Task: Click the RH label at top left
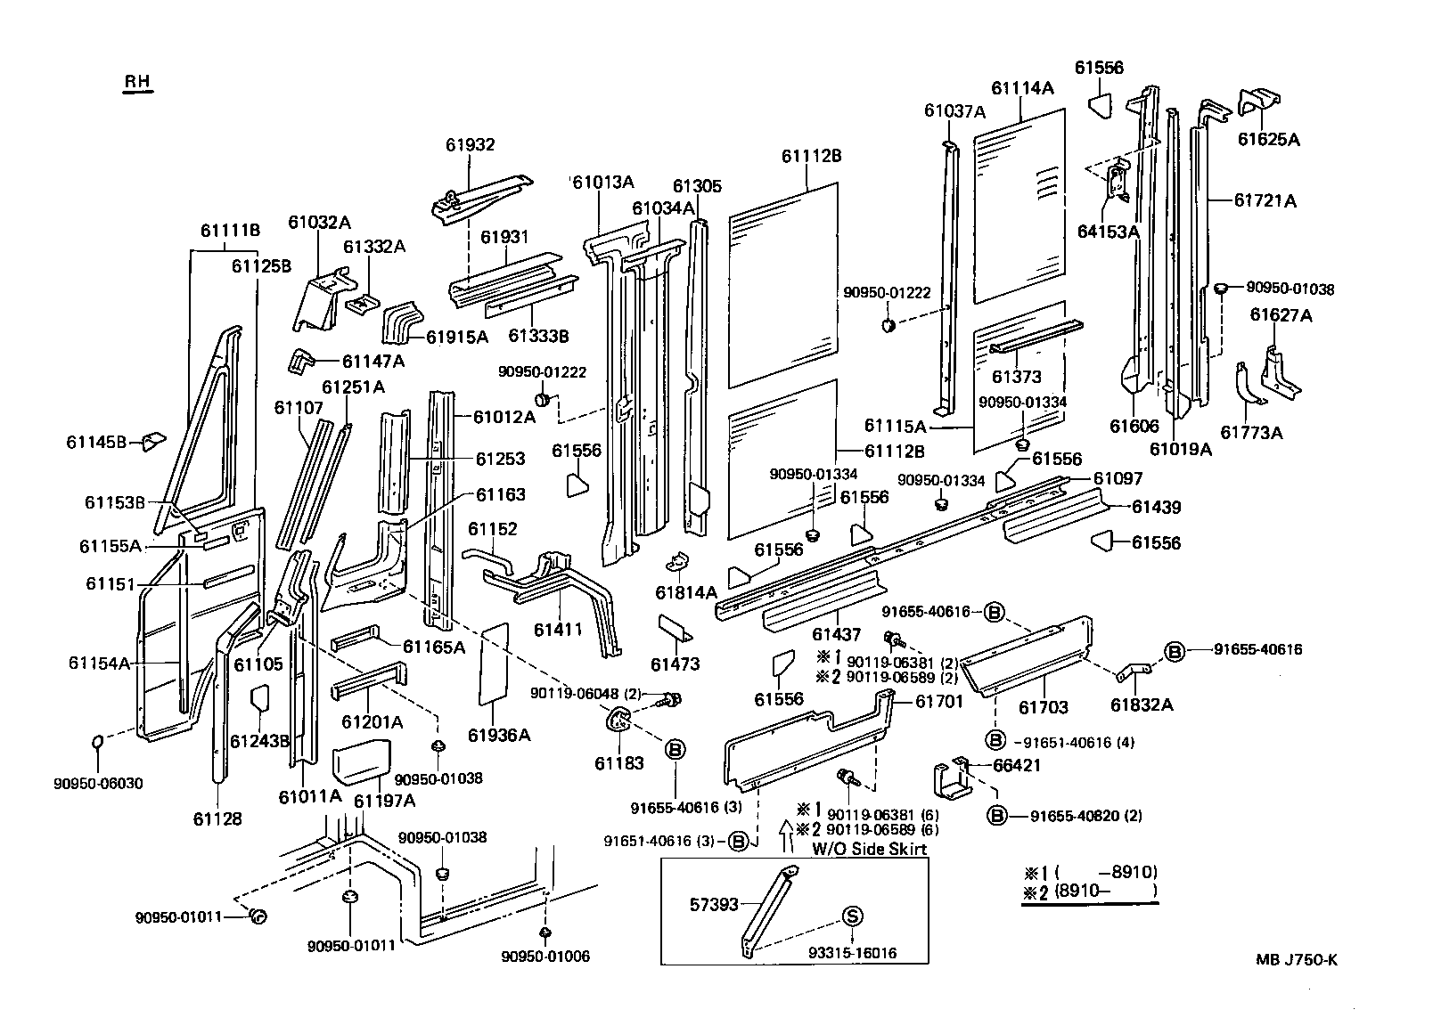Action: tap(136, 81)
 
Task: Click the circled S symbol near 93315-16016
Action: tap(851, 916)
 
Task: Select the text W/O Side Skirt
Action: tap(869, 849)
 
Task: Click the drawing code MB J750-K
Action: tap(1297, 959)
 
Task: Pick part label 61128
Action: tap(217, 818)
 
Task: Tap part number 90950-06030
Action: tap(98, 784)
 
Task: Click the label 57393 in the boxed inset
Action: tap(714, 904)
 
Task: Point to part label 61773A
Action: tap(1251, 433)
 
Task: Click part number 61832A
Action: tap(1142, 704)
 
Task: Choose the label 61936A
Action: tap(499, 735)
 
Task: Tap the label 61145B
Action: tap(97, 441)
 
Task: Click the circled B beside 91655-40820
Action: tap(997, 815)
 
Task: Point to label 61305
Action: tap(697, 186)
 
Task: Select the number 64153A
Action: tap(1109, 232)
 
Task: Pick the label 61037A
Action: tap(954, 111)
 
